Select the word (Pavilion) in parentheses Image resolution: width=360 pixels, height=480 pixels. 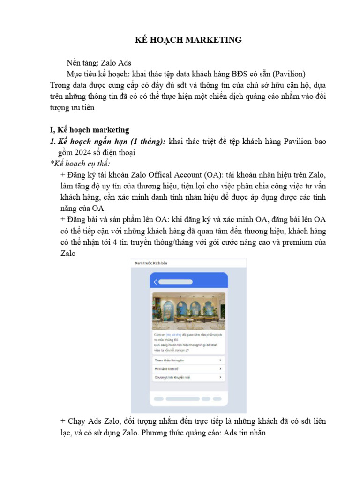[x=289, y=74]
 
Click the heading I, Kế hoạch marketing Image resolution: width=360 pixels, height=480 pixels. [x=89, y=129]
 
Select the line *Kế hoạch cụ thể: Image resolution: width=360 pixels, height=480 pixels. [x=80, y=163]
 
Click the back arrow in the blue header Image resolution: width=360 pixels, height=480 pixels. [x=156, y=282]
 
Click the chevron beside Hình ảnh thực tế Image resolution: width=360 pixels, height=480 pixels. [x=220, y=368]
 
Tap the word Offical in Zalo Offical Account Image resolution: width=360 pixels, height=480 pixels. [x=159, y=174]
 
